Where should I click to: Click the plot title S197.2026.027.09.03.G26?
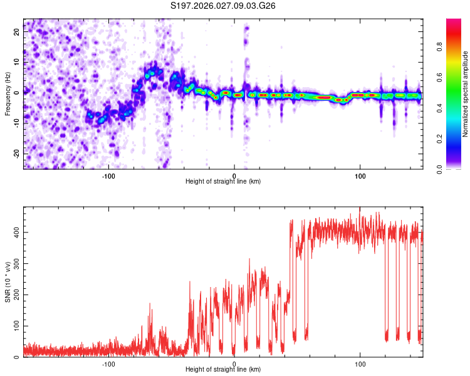[223, 6]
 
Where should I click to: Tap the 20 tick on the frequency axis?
[17, 30]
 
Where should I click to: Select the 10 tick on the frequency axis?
[17, 61]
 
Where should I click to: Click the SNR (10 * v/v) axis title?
[8, 282]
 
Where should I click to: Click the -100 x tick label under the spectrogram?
[108, 175]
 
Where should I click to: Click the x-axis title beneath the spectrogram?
[223, 182]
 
